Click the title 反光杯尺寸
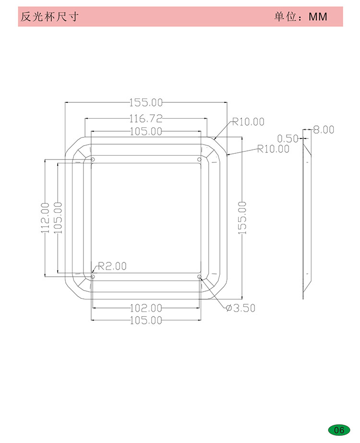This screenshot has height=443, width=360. click(49, 17)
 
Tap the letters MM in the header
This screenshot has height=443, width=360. click(318, 17)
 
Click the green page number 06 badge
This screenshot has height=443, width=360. click(339, 430)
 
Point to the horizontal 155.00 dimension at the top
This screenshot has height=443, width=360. click(146, 102)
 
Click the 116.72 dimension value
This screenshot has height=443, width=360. click(146, 119)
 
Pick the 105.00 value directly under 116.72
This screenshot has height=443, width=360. click(146, 131)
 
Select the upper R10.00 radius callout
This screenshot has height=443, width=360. click(248, 122)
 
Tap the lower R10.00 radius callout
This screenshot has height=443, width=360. click(273, 149)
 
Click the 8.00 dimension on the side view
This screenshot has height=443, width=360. click(324, 130)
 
